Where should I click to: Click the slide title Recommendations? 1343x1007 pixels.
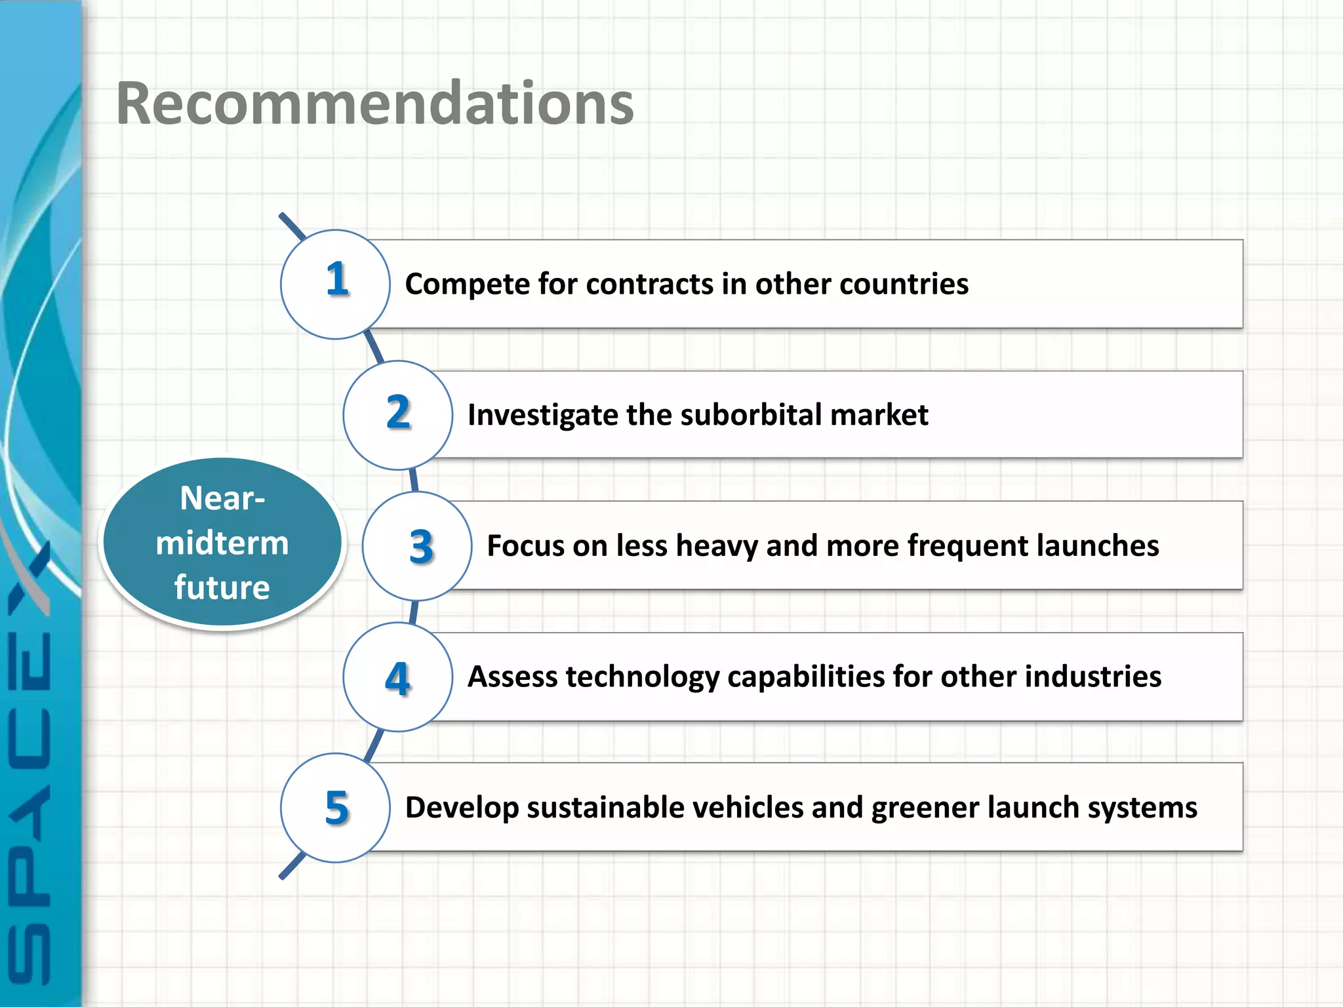point(375,104)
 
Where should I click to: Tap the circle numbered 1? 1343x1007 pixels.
point(336,284)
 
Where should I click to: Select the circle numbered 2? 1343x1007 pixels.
point(398,414)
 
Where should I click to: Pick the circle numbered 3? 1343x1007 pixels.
point(418,545)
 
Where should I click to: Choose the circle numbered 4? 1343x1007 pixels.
point(398,677)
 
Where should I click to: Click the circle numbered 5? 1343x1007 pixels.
point(336,807)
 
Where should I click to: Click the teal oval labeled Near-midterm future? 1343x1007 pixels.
point(222,543)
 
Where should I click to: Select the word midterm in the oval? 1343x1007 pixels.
point(222,543)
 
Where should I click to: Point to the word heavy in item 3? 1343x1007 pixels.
point(717,546)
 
